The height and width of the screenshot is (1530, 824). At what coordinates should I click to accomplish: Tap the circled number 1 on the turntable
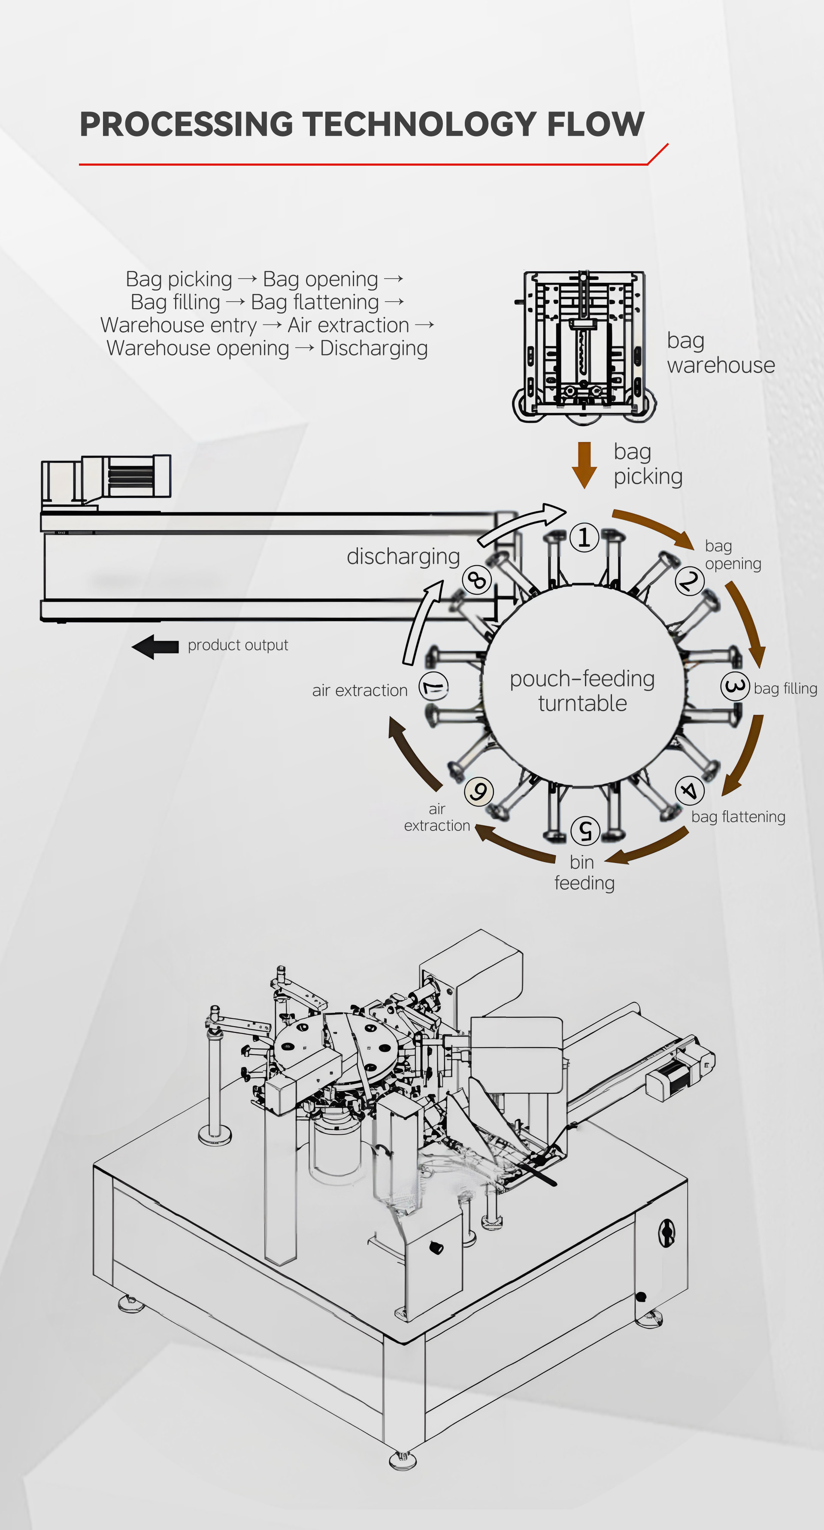click(584, 537)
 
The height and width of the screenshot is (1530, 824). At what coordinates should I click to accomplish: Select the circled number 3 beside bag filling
click(735, 687)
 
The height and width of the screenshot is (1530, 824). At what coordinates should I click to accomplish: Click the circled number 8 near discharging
click(477, 580)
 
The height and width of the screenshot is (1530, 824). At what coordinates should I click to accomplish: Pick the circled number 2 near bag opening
click(689, 580)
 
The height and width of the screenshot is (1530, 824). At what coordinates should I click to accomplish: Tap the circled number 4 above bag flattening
click(689, 791)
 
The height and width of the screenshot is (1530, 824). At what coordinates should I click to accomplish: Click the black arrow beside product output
click(155, 646)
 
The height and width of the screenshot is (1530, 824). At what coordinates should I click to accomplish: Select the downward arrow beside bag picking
click(585, 464)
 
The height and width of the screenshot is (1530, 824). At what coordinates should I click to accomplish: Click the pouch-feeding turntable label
click(582, 691)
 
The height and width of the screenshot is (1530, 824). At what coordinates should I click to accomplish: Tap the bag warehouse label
click(720, 353)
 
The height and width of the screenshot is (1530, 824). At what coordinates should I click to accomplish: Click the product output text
click(238, 645)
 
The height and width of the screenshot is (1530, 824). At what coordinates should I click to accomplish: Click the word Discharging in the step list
click(374, 348)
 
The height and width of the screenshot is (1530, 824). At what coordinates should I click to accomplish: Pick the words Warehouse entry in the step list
click(178, 325)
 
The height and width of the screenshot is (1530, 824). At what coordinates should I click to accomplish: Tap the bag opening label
click(733, 554)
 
